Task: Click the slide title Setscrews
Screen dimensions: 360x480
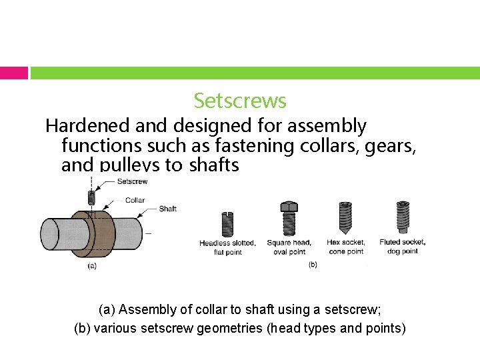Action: click(240, 101)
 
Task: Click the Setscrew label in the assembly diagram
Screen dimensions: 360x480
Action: click(132, 181)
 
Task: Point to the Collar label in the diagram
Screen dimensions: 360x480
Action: click(135, 200)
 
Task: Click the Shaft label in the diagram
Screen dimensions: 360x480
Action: click(167, 209)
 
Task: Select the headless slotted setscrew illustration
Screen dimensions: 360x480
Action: click(227, 224)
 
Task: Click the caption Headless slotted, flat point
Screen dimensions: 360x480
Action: click(227, 247)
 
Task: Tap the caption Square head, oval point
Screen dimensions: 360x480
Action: click(289, 247)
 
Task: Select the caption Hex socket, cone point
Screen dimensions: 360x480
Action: click(345, 247)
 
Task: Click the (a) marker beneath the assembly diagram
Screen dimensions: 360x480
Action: click(92, 265)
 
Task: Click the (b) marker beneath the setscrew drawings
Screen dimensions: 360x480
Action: click(313, 265)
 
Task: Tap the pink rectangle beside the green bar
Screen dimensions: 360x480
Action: click(14, 73)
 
